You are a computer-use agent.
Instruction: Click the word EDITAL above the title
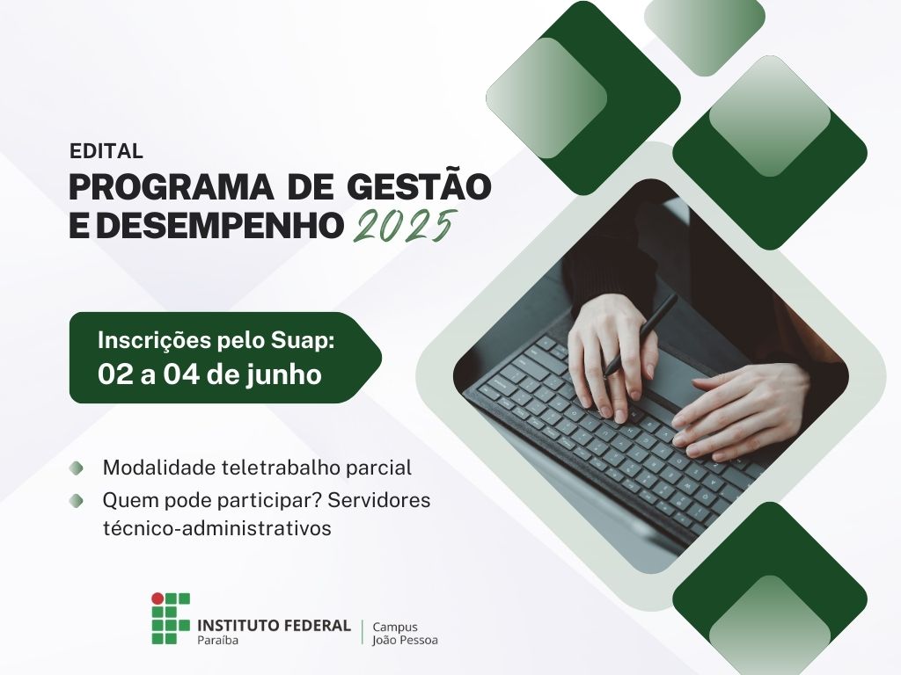click(x=106, y=151)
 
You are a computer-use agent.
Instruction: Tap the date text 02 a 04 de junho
click(x=209, y=374)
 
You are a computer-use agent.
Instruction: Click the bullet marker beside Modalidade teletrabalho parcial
click(x=77, y=468)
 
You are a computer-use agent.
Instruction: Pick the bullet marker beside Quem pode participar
click(x=77, y=500)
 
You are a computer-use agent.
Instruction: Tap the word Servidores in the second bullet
click(x=387, y=500)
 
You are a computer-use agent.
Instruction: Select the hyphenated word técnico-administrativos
click(x=216, y=528)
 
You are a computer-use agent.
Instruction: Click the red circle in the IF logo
click(x=157, y=598)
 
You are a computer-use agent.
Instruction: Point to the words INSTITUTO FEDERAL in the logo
click(x=274, y=624)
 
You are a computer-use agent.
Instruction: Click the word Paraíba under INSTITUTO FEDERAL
click(x=217, y=640)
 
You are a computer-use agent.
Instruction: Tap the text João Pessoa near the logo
click(x=405, y=640)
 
